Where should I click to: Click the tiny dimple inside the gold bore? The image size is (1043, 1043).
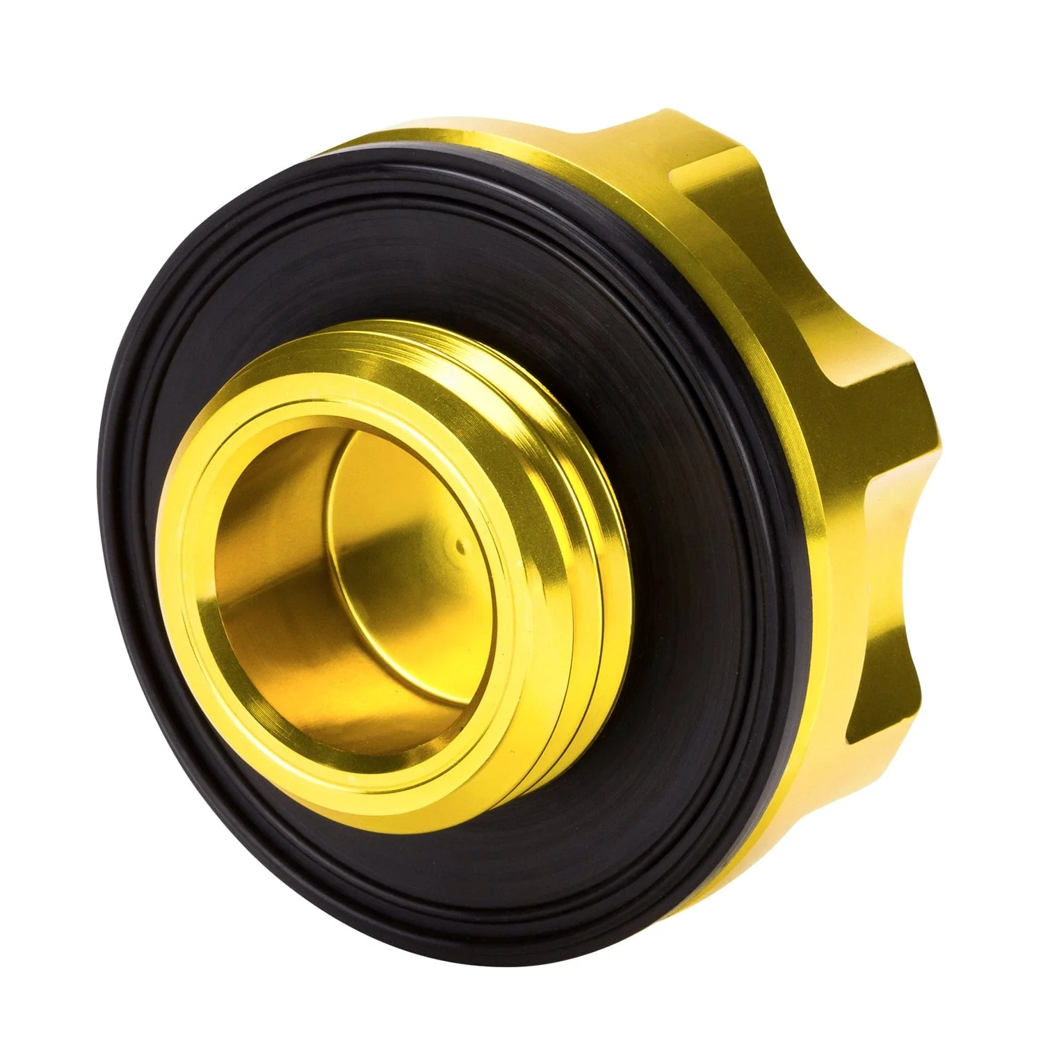tap(460, 547)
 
